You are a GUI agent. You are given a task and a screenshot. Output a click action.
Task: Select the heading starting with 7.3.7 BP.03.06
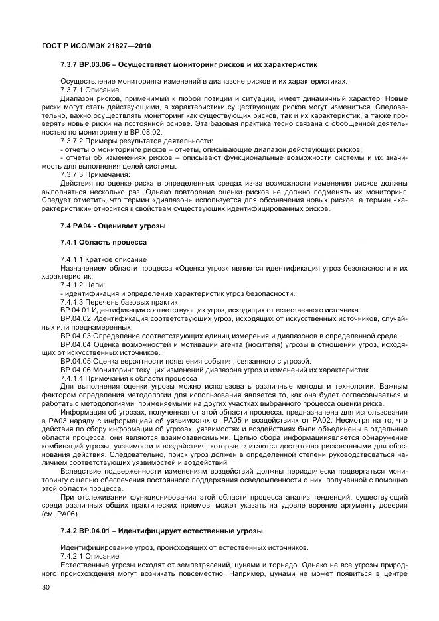click(x=189, y=65)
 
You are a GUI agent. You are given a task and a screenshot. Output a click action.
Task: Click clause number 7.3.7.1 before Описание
click(x=72, y=90)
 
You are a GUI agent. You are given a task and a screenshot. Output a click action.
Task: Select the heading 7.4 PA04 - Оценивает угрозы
click(x=113, y=226)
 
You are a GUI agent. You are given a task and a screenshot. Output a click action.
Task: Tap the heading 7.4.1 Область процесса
click(x=103, y=243)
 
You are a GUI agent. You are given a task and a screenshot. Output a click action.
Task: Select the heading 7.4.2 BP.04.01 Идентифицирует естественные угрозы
click(x=162, y=531)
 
